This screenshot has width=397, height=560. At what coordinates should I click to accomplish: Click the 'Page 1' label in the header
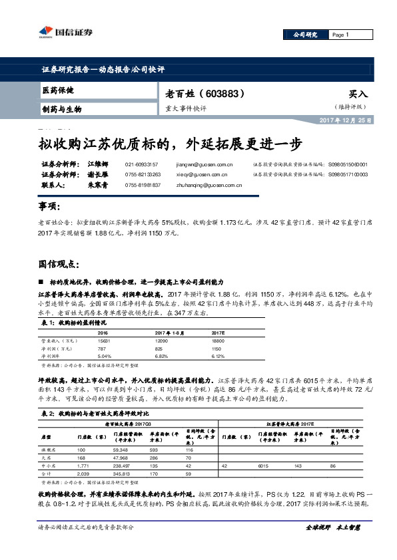[340, 35]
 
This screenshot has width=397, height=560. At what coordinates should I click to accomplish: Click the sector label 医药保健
[58, 90]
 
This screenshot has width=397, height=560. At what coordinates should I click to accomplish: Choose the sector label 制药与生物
[61, 108]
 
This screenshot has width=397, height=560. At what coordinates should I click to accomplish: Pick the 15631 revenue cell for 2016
[105, 340]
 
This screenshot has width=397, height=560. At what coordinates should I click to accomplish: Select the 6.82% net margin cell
[163, 356]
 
